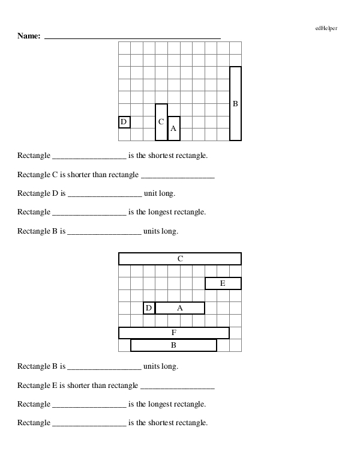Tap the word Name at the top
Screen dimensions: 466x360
29,36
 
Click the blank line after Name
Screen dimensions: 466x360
132,38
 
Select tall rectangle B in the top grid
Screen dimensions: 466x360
235,103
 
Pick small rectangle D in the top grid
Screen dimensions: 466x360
124,122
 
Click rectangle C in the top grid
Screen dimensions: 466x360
161,122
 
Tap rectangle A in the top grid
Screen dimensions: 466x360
173,128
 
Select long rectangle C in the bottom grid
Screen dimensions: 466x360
180,259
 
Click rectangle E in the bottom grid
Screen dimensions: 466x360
223,283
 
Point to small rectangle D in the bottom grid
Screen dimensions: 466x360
149,308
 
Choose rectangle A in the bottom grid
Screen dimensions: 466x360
179,308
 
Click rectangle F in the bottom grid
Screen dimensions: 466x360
173,333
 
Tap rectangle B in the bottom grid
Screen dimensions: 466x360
173,345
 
